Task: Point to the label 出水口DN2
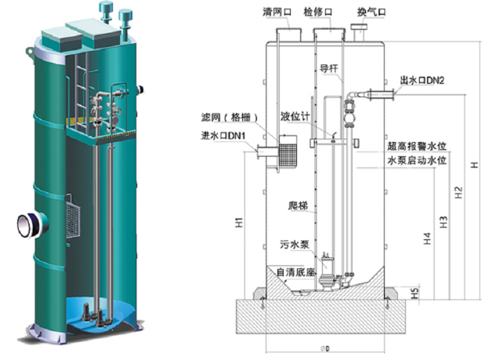tap(424, 81)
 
